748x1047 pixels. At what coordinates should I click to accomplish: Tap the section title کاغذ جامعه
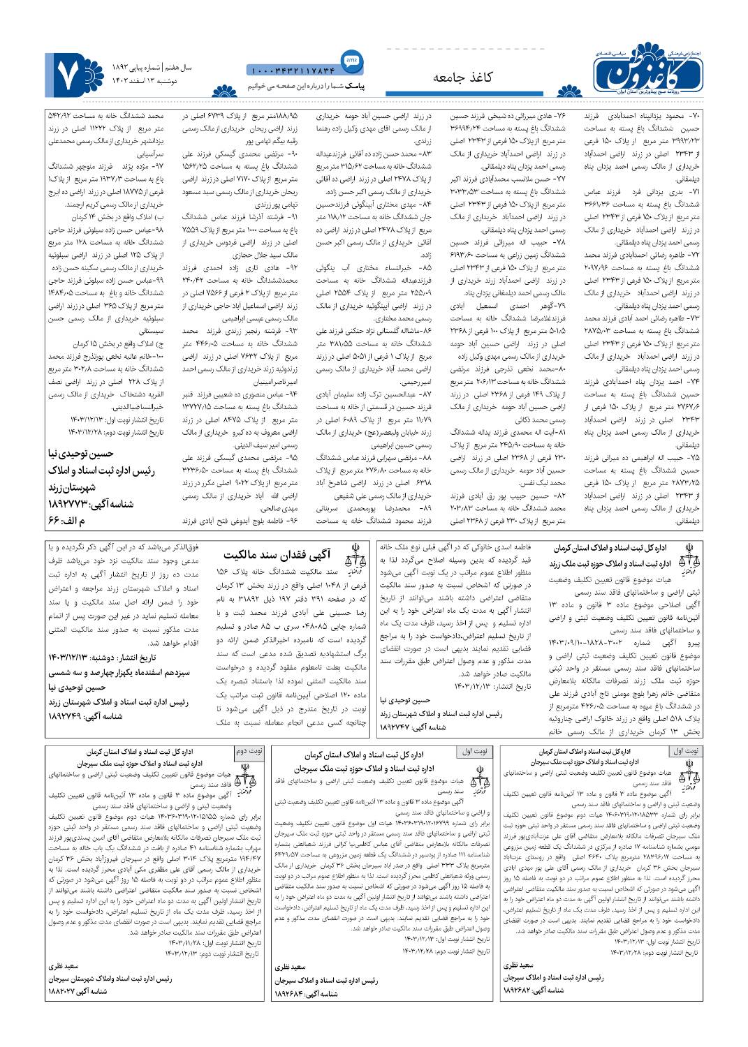tap(462, 77)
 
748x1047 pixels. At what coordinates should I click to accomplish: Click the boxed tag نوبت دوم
tap(248, 752)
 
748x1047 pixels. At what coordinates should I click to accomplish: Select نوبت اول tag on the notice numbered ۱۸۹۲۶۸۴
tap(475, 752)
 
